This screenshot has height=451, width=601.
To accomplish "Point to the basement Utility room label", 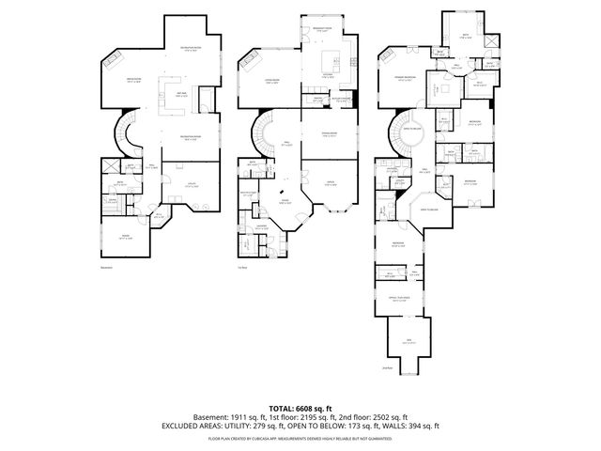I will click(x=191, y=185).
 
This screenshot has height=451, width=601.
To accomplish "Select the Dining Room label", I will click(x=329, y=134).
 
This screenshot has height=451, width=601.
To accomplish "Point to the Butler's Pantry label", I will click(x=344, y=98).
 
